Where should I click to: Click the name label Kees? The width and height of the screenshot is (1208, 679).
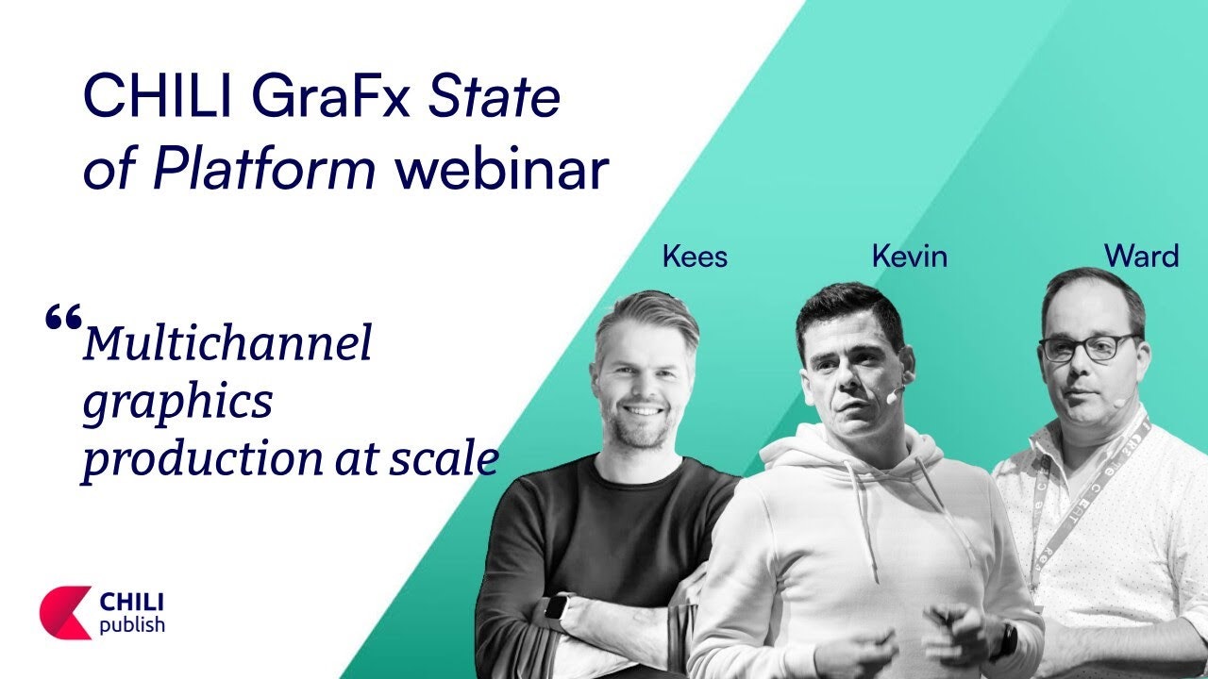695,257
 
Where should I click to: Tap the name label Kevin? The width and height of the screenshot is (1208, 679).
909,256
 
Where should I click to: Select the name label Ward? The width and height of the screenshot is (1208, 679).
1141,256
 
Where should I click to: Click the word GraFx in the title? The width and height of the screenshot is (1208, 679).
330,98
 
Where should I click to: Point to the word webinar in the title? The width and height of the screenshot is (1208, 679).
501,168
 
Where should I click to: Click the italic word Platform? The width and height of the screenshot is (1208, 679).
263,168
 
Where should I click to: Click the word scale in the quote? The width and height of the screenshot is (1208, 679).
444,458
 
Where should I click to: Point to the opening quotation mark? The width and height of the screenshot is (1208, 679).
63,316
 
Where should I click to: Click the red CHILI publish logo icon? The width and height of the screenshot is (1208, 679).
65,613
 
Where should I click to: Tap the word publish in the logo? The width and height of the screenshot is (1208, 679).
132,625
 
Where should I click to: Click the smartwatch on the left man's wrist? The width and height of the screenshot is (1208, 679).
554,608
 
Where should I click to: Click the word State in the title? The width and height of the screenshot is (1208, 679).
494,98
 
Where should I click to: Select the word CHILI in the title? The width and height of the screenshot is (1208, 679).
158,97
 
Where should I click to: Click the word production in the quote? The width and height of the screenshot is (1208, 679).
203,459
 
